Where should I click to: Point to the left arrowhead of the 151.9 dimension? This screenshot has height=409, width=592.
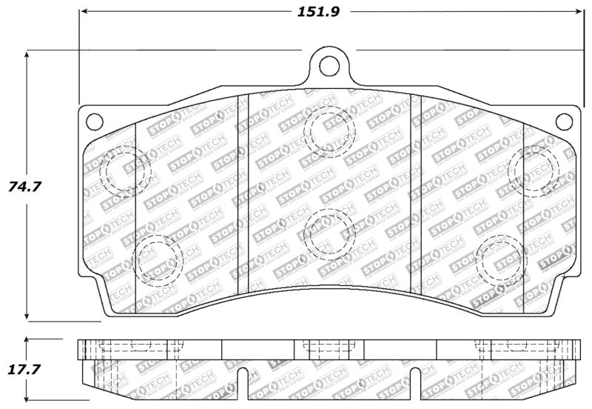84,12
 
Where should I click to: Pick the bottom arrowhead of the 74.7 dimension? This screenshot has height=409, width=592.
27,316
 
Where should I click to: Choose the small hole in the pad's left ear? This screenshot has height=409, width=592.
93,120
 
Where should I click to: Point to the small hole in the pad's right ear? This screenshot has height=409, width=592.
564,120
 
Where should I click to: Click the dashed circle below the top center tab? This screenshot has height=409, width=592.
329,130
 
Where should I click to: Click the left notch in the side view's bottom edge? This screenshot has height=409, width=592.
244,375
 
